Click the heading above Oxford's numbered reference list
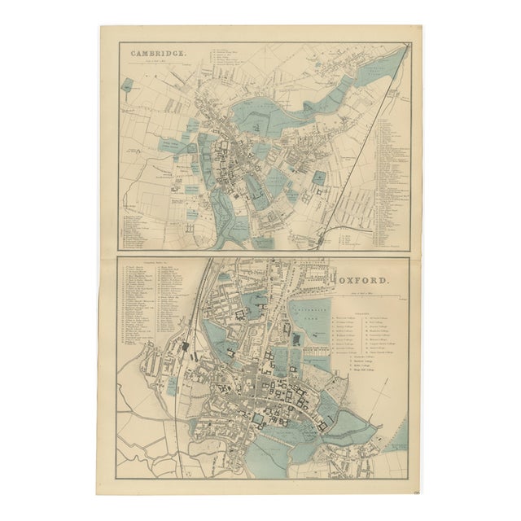[x=154, y=266]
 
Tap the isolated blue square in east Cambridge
[x=319, y=177]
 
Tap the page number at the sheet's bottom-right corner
[x=416, y=491]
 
